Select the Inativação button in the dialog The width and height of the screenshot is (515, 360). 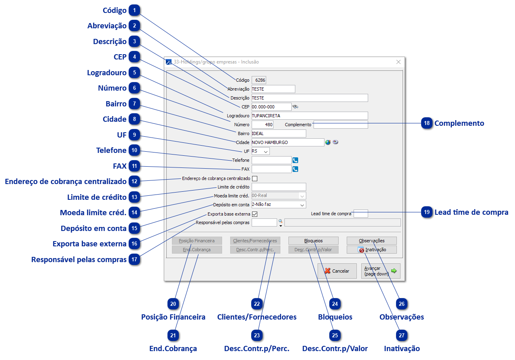[372, 250]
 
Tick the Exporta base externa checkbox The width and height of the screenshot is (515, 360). [254, 214]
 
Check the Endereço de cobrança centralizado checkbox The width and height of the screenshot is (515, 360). [254, 178]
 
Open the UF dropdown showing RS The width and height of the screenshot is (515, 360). [261, 151]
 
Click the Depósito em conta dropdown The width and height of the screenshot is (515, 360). [279, 205]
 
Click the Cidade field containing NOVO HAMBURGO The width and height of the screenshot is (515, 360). [288, 142]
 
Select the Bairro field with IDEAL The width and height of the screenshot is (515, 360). [279, 133]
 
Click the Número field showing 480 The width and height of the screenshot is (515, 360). [263, 125]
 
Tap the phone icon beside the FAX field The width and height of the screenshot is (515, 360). [295, 169]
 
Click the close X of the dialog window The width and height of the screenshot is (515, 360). [398, 62]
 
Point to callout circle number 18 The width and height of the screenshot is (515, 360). [427, 123]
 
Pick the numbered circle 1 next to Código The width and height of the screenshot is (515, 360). [134, 11]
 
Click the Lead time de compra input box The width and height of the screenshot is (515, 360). [361, 214]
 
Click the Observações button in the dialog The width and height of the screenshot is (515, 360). [372, 241]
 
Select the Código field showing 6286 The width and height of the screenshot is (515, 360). [259, 80]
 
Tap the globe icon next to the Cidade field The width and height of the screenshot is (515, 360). [328, 142]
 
